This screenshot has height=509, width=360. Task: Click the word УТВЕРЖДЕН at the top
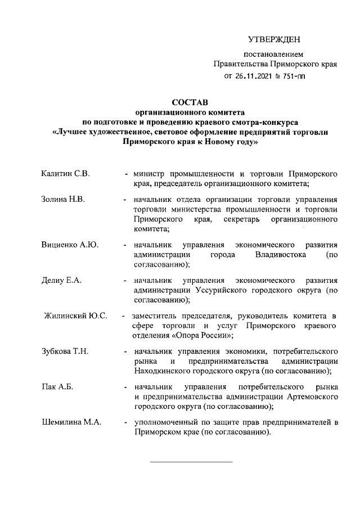pyautogui.click(x=274, y=39)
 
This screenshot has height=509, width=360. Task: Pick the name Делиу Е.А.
pyautogui.click(x=62, y=280)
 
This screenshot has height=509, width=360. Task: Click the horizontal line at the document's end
pyautogui.click(x=191, y=462)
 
